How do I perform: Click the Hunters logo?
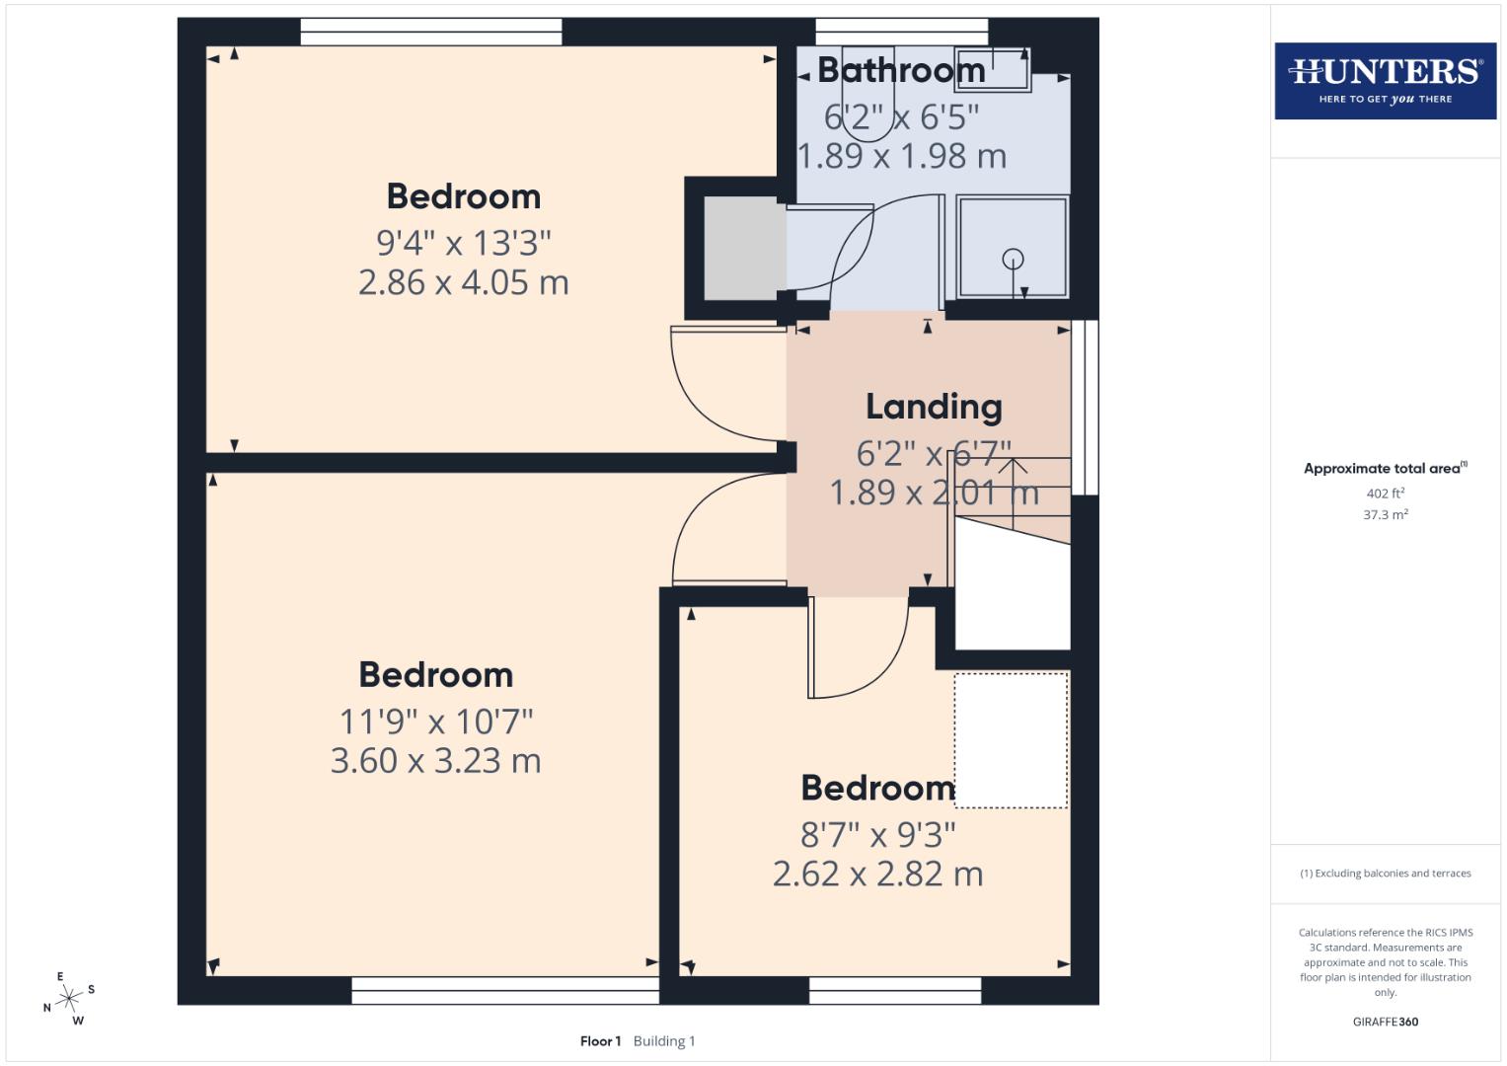tap(1385, 80)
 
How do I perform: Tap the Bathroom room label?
tap(901, 70)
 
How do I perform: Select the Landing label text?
tap(934, 407)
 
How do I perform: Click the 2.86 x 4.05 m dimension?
tap(463, 283)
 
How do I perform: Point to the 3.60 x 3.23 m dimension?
tap(435, 761)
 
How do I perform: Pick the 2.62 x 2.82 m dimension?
tap(877, 875)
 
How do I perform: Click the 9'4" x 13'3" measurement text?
tap(463, 242)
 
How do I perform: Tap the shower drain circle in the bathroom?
tap(1013, 260)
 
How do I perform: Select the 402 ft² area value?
tap(1385, 493)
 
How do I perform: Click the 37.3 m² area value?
tap(1385, 514)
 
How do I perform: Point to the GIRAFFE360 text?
tap(1385, 1022)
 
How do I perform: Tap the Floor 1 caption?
tap(600, 1041)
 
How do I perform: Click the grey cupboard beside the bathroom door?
tap(741, 248)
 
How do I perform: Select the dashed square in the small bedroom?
tap(1011, 740)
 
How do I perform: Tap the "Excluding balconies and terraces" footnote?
tap(1385, 874)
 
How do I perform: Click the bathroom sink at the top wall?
tap(992, 69)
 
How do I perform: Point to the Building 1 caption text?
tap(664, 1041)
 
